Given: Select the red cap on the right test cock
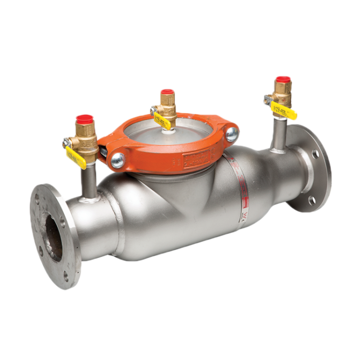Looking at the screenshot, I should pos(283,79).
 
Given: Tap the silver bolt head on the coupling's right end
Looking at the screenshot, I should pos(232,134).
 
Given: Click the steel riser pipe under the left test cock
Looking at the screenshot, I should pos(89,180).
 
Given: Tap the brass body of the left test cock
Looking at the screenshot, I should pos(87,141).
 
